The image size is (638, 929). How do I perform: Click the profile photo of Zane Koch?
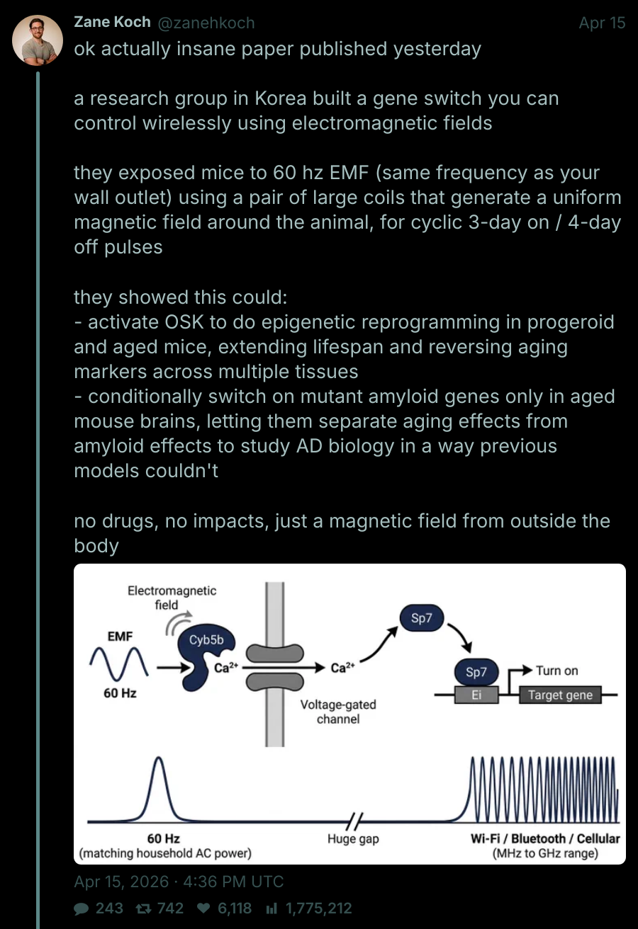[x=38, y=40]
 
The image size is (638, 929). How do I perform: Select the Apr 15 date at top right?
[x=602, y=23]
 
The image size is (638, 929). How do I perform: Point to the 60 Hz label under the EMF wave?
[x=120, y=693]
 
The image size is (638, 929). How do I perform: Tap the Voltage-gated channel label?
[x=338, y=712]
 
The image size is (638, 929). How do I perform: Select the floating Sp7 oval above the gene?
[x=421, y=618]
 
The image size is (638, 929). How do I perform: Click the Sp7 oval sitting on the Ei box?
[x=476, y=671]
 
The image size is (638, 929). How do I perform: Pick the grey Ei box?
[x=476, y=695]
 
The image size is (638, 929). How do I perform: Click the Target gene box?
[x=560, y=695]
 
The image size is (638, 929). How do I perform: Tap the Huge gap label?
[x=353, y=839]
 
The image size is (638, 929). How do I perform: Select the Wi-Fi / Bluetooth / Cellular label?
[x=545, y=838]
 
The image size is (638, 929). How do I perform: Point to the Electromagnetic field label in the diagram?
[x=172, y=598]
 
